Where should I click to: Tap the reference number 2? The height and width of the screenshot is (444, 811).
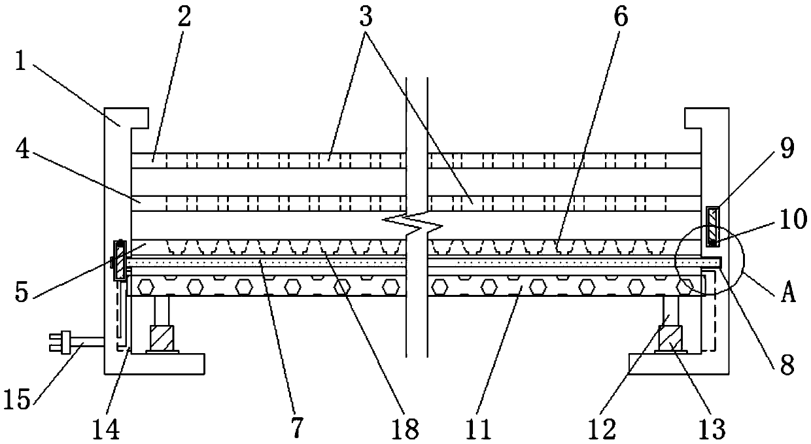(x=184, y=18)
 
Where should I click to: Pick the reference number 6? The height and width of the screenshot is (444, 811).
(x=619, y=18)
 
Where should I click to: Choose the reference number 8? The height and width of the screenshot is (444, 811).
(x=785, y=364)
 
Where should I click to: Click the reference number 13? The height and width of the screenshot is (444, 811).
(x=710, y=428)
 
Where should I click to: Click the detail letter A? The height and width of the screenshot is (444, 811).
(x=789, y=294)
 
